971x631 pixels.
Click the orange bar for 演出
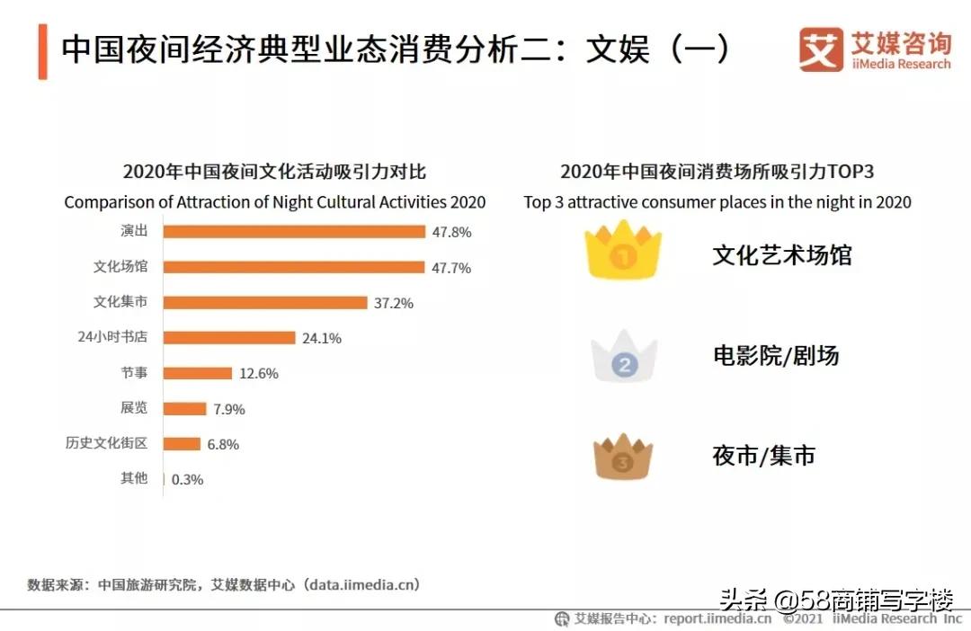[x=294, y=232]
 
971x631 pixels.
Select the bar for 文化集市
[x=265, y=303]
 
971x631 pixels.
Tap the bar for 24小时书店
[x=229, y=338]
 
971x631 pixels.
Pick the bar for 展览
[x=185, y=409]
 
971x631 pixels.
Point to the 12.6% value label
[x=259, y=374]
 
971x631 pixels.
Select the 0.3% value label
[x=187, y=480]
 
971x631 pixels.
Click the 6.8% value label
[x=223, y=444]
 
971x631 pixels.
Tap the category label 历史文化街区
[x=106, y=443]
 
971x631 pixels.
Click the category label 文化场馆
[x=120, y=267]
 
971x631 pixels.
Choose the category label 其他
[x=134, y=479]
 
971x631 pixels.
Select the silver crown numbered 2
[x=624, y=358]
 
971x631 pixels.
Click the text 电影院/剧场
[x=775, y=356]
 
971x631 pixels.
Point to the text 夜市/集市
[x=763, y=456]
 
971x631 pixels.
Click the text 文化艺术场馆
[x=781, y=255]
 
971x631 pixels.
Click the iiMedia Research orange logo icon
[x=821, y=49]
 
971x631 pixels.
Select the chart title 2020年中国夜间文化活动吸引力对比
[x=274, y=172]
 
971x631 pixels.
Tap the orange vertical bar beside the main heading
[x=42, y=52]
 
